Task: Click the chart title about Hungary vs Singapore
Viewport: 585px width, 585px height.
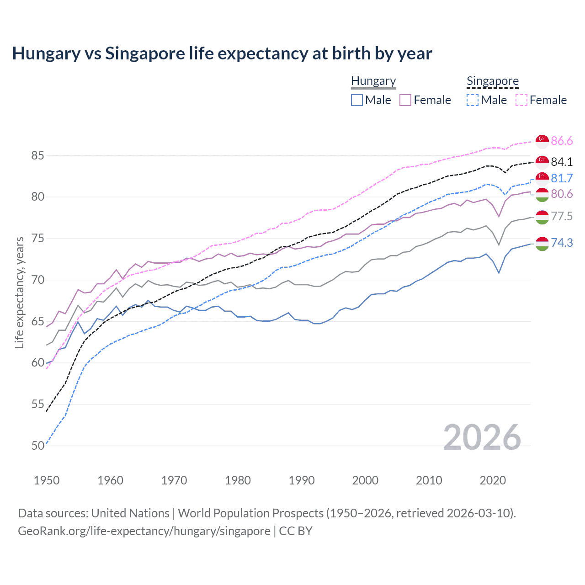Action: [x=222, y=53]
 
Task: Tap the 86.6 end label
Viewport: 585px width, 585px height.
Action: [x=562, y=141]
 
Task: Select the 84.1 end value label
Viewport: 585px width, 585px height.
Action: [x=562, y=162]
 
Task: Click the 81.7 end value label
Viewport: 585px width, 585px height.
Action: [x=562, y=178]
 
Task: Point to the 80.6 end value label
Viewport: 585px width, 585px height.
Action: [x=562, y=194]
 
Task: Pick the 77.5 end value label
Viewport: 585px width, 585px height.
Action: [x=562, y=216]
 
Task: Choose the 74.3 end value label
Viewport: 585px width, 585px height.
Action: [x=562, y=243]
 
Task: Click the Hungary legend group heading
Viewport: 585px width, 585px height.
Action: [x=373, y=81]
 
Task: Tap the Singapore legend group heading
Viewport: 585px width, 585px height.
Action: [x=492, y=81]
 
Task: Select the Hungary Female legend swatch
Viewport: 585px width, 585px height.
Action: [x=405, y=100]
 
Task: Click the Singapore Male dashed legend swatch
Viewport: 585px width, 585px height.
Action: [x=473, y=100]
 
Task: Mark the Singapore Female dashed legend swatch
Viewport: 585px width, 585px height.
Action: [x=521, y=100]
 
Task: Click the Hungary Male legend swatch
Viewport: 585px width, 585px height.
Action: [x=357, y=100]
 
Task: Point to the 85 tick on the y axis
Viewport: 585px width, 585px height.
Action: [x=37, y=155]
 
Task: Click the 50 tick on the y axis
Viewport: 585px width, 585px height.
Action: [x=37, y=446]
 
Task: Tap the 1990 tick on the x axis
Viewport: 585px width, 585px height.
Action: [x=302, y=480]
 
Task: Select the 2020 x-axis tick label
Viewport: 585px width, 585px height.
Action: [x=493, y=480]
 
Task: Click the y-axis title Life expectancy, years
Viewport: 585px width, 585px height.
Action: [x=19, y=292]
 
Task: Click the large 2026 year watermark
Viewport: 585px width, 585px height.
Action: [x=482, y=437]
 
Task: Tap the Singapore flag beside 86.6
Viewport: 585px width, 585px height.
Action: [x=542, y=141]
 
